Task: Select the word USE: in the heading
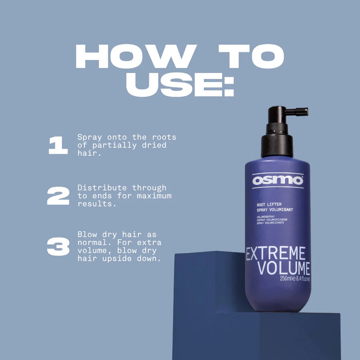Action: (179, 84)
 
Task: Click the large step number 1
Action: (58, 146)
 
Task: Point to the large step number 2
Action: (58, 196)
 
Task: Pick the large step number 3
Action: (58, 247)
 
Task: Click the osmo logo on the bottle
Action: (277, 181)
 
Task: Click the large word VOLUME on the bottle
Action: (284, 268)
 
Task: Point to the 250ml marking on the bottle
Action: (286, 279)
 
